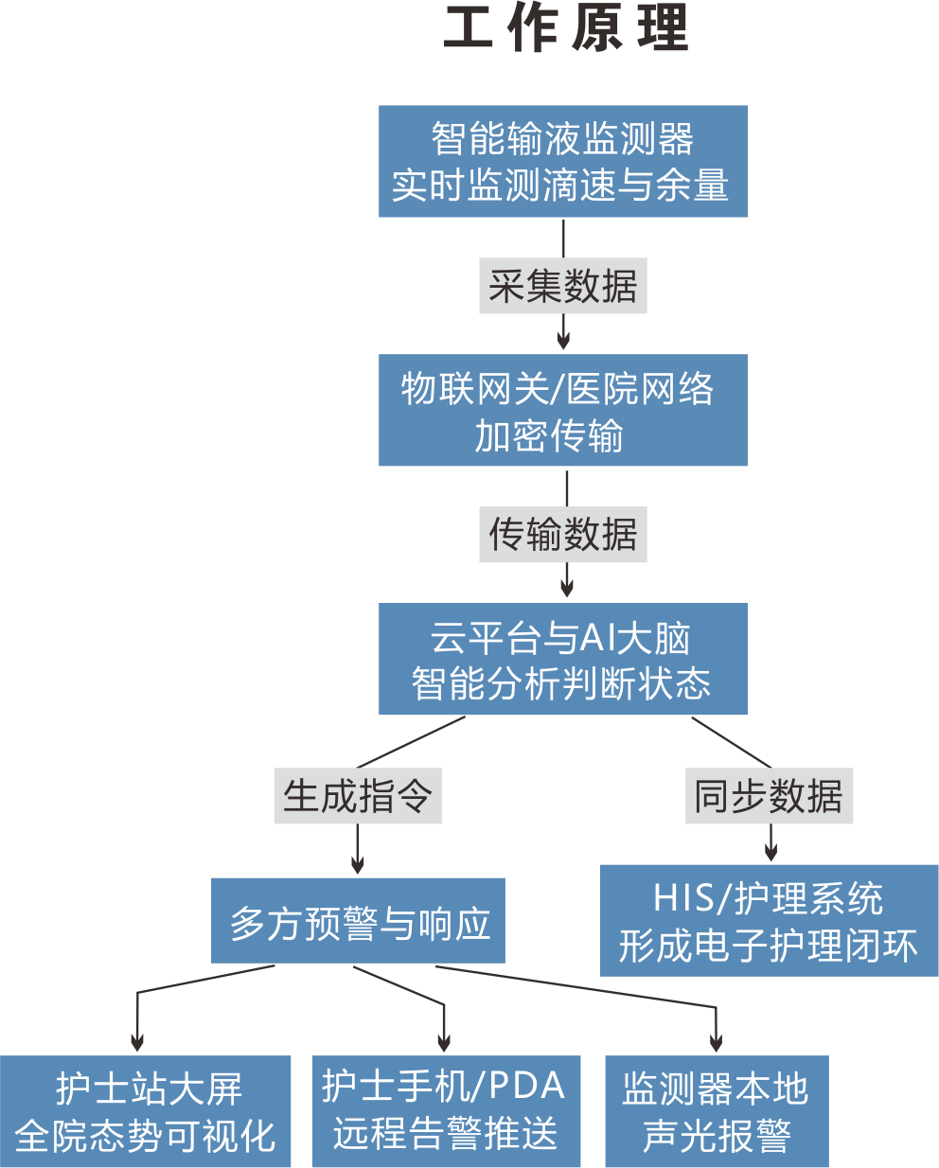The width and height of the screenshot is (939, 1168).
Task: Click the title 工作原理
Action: pyautogui.click(x=565, y=28)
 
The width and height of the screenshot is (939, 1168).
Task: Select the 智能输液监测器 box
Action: pyautogui.click(x=562, y=162)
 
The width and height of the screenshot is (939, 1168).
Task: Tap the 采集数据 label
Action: pyautogui.click(x=562, y=286)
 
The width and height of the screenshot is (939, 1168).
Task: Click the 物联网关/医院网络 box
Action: pyautogui.click(x=562, y=410)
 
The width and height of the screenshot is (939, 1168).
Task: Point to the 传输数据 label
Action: pyautogui.click(x=562, y=535)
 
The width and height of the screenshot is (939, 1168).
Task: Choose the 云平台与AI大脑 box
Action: pyautogui.click(x=562, y=659)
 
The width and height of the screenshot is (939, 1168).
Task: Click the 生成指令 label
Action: pyautogui.click(x=358, y=796)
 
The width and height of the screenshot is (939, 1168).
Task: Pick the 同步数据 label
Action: pyautogui.click(x=769, y=796)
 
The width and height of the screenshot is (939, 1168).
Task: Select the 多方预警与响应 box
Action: pyautogui.click(x=358, y=921)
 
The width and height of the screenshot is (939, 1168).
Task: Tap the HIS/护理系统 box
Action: pyautogui.click(x=769, y=920)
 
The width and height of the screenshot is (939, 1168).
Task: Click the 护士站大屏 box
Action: pyautogui.click(x=146, y=1111)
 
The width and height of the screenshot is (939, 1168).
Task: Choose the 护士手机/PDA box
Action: pyautogui.click(x=446, y=1111)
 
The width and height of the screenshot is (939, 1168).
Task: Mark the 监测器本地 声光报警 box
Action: pyautogui.click(x=717, y=1111)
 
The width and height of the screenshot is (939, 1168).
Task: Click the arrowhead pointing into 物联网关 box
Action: pyautogui.click(x=563, y=342)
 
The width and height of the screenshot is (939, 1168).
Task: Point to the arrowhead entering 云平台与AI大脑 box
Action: pyautogui.click(x=567, y=590)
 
